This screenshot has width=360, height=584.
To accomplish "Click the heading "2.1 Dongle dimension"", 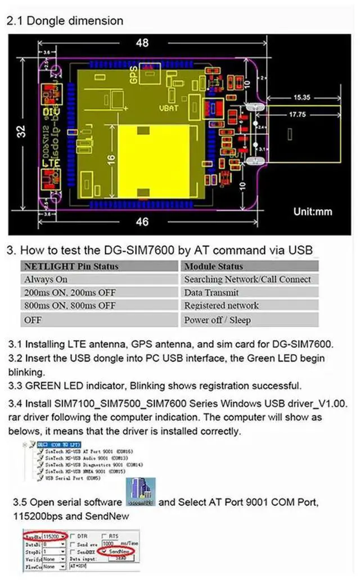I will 64,21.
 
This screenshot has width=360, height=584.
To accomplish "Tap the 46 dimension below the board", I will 142,221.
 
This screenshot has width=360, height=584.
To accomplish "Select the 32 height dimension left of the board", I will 20,132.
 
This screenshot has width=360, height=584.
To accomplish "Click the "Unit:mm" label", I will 313,212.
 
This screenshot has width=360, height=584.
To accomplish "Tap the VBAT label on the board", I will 168,107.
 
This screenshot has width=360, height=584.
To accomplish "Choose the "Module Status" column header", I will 213,266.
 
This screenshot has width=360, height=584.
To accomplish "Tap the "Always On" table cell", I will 46,279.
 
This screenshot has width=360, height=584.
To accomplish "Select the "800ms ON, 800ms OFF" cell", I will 70,306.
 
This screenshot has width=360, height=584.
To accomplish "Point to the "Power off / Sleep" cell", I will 217,320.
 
